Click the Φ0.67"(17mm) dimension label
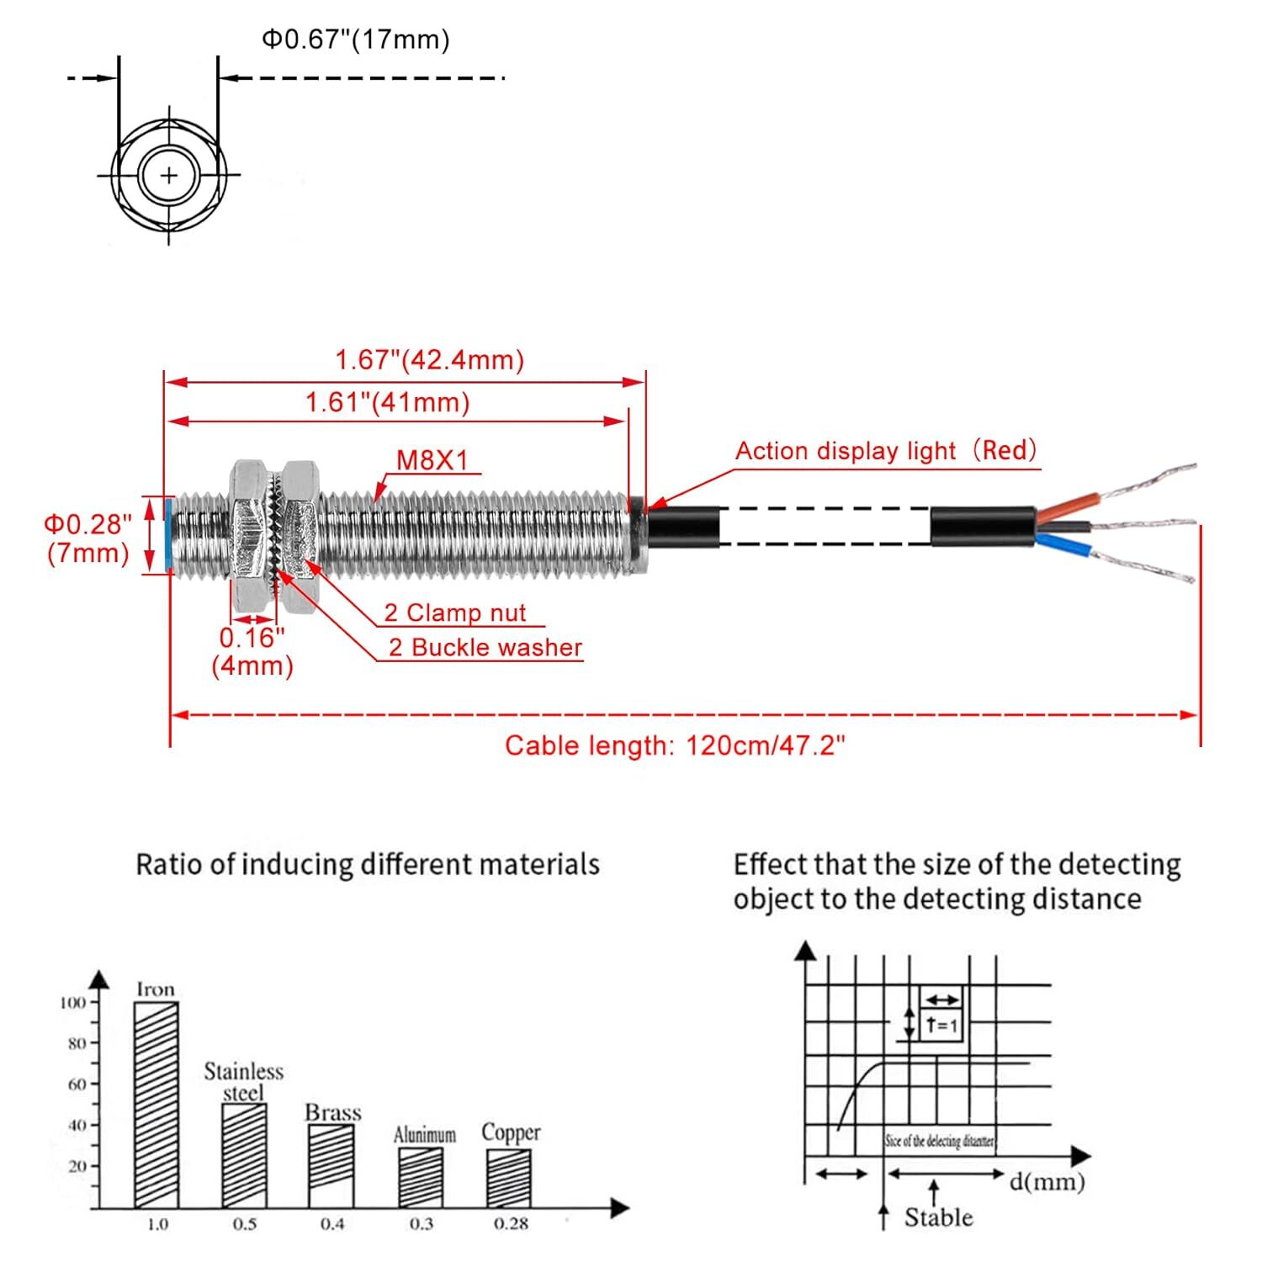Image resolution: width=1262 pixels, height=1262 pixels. tap(356, 40)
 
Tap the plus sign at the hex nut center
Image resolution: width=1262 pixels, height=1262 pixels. tap(169, 175)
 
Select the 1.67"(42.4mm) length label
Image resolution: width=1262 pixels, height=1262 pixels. tap(429, 360)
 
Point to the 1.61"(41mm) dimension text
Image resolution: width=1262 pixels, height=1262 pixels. tap(387, 402)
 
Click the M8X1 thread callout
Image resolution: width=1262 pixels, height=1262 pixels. tap(432, 460)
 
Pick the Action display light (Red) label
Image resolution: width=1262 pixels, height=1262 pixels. tap(886, 451)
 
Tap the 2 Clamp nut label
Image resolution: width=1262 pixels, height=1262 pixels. tap(455, 612)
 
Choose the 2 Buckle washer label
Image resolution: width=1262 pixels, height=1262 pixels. tap(485, 647)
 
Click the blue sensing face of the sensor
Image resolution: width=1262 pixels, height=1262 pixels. tap(170, 535)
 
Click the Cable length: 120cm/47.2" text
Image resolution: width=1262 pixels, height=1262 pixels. tap(675, 745)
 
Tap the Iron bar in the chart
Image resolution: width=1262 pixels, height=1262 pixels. tap(156, 1104)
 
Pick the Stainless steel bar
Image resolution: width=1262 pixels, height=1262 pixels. tap(244, 1155)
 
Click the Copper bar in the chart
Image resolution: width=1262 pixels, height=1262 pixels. tap(509, 1178)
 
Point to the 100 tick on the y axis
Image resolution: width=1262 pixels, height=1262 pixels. tap(73, 1002)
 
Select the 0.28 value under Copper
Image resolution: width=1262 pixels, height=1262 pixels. tap(511, 1224)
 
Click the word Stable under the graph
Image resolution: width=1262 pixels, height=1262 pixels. tap(938, 1217)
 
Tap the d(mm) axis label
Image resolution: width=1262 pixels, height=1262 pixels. tap(1047, 1181)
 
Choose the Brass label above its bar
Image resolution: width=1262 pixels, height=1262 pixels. tap(332, 1112)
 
